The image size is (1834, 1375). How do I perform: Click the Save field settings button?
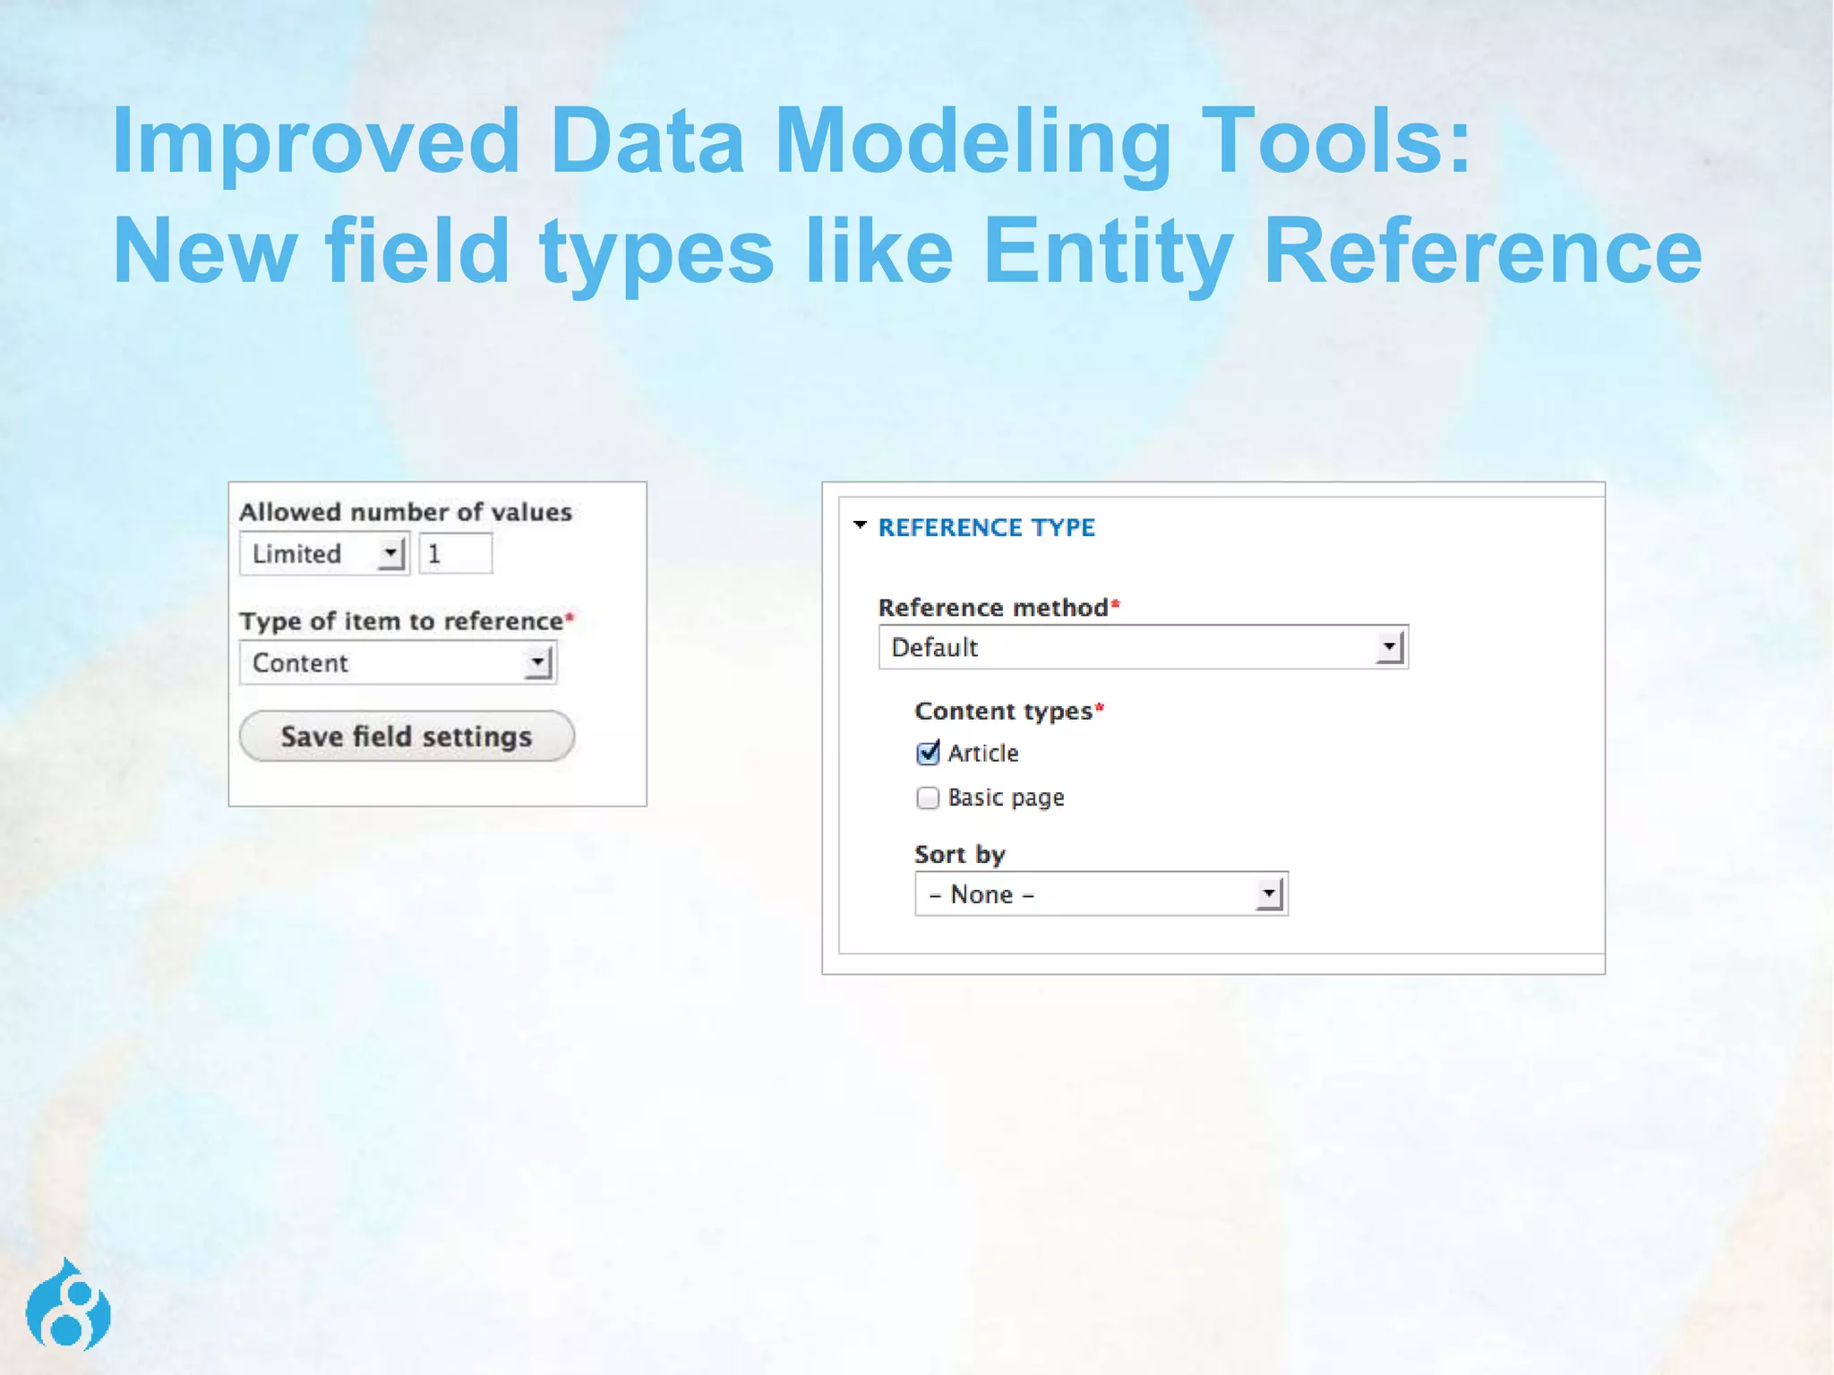(x=407, y=736)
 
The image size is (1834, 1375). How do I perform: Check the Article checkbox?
(x=928, y=753)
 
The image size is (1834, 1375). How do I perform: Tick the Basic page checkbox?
(x=928, y=798)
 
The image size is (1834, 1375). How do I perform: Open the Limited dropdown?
(x=324, y=553)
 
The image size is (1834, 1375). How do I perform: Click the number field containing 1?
(x=456, y=553)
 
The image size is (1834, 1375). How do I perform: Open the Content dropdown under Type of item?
(x=398, y=663)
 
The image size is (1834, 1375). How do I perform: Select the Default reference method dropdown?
(x=1143, y=647)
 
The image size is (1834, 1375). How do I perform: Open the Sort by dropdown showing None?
(x=1101, y=894)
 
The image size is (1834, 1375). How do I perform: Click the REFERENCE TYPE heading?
(x=986, y=528)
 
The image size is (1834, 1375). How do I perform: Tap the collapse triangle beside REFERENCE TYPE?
(x=861, y=525)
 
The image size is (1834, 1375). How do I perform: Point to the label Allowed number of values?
(x=405, y=512)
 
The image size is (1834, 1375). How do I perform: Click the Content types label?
(x=1003, y=711)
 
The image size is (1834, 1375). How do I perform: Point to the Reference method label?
(x=992, y=608)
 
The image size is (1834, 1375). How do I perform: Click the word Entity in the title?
(x=1108, y=252)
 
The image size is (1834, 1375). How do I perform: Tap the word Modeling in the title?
(x=973, y=141)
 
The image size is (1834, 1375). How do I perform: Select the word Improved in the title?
(x=315, y=141)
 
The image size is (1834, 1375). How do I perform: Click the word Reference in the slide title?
(x=1482, y=252)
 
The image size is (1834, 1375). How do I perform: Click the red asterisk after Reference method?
(x=1116, y=604)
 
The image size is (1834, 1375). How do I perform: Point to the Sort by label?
(x=959, y=855)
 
